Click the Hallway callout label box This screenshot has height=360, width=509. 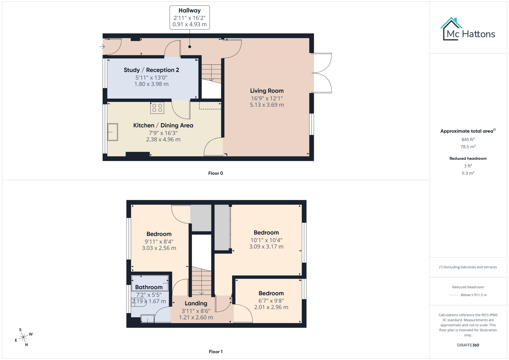(189, 17)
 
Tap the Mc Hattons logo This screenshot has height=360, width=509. (468, 30)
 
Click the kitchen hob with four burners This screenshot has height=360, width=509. (157, 108)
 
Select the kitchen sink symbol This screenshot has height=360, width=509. (113, 132)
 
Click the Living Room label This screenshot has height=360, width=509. (267, 91)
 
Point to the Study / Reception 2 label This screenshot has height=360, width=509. (151, 70)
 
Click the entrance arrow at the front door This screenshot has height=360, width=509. (102, 47)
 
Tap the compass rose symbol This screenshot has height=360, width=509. (23, 337)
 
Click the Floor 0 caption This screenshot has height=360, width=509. (215, 173)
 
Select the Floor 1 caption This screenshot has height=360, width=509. (215, 352)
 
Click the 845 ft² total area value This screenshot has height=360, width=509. (468, 140)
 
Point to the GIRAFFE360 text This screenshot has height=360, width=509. (468, 345)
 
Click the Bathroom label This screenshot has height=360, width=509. (149, 287)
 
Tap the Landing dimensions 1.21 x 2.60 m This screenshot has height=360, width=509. (196, 317)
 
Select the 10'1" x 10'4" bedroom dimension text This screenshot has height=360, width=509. (266, 240)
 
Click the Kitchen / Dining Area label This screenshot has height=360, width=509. (163, 125)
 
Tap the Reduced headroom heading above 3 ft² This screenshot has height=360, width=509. (468, 158)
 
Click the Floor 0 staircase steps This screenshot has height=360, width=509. (211, 72)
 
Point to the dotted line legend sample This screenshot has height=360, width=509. (453, 295)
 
